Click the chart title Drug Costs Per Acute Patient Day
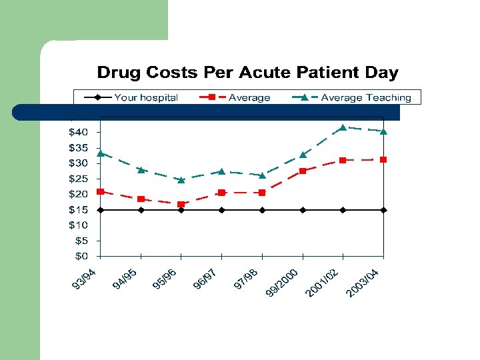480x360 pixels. (247, 73)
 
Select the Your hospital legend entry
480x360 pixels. (146, 97)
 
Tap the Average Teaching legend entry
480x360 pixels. (366, 97)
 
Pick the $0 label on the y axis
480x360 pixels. (80, 256)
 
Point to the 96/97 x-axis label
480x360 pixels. (205, 279)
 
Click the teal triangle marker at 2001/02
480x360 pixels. (343, 127)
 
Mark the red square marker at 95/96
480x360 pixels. (181, 204)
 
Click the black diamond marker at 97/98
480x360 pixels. (262, 210)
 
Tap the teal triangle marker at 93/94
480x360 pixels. (100, 153)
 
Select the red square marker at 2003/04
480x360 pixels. (383, 159)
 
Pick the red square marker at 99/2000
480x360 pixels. (303, 171)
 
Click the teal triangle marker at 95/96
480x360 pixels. (181, 179)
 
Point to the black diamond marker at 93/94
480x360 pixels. (100, 210)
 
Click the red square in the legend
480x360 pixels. (211, 97)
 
